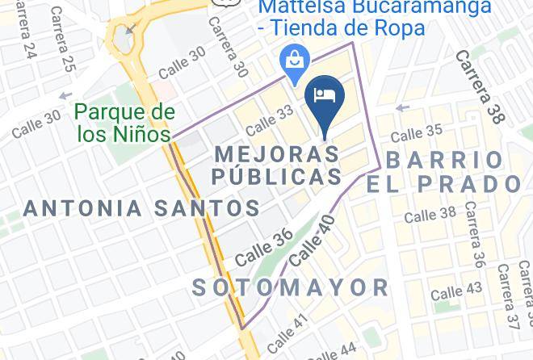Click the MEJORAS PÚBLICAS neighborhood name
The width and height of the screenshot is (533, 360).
(x=277, y=165)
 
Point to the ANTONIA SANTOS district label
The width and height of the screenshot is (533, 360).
(x=141, y=208)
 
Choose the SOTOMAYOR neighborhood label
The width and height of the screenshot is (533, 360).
(x=291, y=287)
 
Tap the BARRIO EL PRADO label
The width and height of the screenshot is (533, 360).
(x=444, y=171)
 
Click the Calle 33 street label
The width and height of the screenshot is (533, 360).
(x=269, y=122)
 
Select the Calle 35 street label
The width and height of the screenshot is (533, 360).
(x=417, y=132)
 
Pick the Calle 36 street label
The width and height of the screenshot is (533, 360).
(x=264, y=248)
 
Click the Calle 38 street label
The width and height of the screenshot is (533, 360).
(x=430, y=215)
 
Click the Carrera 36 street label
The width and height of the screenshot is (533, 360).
(x=474, y=234)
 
